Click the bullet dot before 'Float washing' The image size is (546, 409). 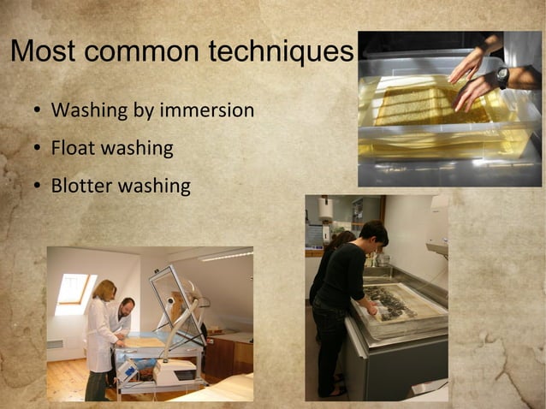pos(38,149)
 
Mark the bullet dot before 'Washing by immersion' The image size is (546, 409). pos(38,111)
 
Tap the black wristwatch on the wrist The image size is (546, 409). pos(502,77)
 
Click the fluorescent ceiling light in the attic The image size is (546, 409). pos(226,255)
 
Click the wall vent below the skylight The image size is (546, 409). pos(56,344)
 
